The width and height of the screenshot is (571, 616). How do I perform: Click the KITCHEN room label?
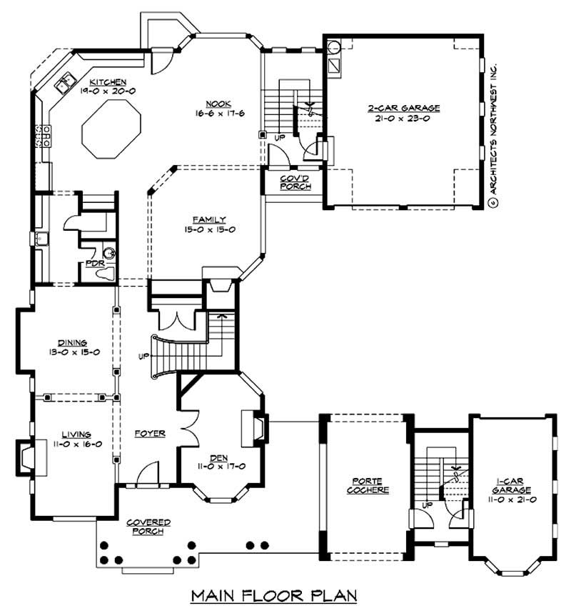[108, 82]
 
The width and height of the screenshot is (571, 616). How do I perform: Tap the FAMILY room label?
[209, 219]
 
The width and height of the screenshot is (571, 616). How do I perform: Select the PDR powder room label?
[94, 263]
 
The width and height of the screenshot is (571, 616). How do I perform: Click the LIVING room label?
[75, 434]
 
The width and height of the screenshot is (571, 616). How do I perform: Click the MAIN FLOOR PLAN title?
[274, 595]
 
